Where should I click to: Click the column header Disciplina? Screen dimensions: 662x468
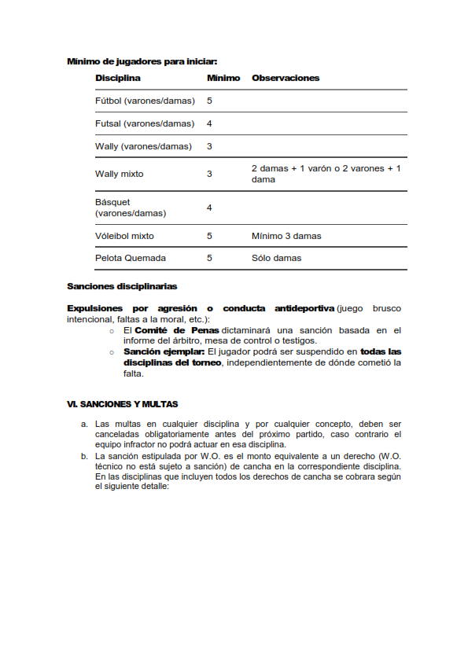(x=118, y=79)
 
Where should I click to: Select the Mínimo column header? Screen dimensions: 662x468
(x=223, y=79)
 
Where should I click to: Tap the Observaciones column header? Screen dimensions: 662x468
(x=286, y=79)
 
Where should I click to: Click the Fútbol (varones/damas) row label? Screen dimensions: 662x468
(x=145, y=101)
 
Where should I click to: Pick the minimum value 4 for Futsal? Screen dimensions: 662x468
(x=209, y=123)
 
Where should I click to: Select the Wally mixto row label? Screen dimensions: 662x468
(x=120, y=174)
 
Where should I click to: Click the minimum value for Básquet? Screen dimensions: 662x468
(x=209, y=208)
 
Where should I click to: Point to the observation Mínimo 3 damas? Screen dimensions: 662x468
(x=286, y=236)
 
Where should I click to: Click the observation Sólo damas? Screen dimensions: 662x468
(x=276, y=258)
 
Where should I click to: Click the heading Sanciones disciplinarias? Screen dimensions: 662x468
(x=122, y=286)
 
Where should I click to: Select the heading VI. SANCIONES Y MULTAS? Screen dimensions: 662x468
(x=123, y=404)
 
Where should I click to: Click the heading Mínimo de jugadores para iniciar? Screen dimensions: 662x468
(x=142, y=61)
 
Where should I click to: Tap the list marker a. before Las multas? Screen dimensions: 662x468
(x=85, y=424)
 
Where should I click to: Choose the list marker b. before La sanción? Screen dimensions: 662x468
(x=85, y=456)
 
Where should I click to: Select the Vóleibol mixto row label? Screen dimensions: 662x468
(x=124, y=236)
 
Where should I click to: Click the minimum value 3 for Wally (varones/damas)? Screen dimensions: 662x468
(x=209, y=146)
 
